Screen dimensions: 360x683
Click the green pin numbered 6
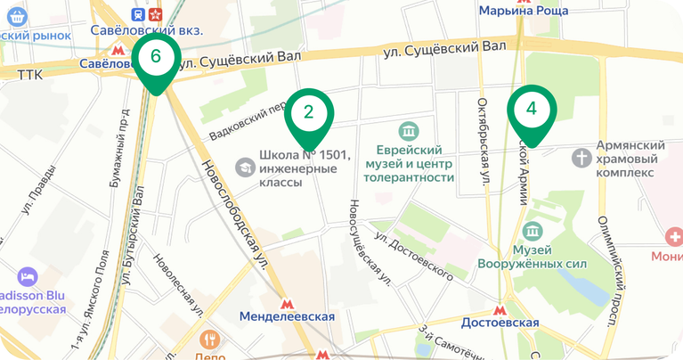pos(156,58)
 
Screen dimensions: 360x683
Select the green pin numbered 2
pos(308,113)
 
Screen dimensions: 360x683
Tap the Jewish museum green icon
pos(409,132)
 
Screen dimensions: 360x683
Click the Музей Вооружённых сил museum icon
pos(533,232)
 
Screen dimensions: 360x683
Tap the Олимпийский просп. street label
pos(614,262)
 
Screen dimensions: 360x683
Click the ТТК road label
pos(29,76)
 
